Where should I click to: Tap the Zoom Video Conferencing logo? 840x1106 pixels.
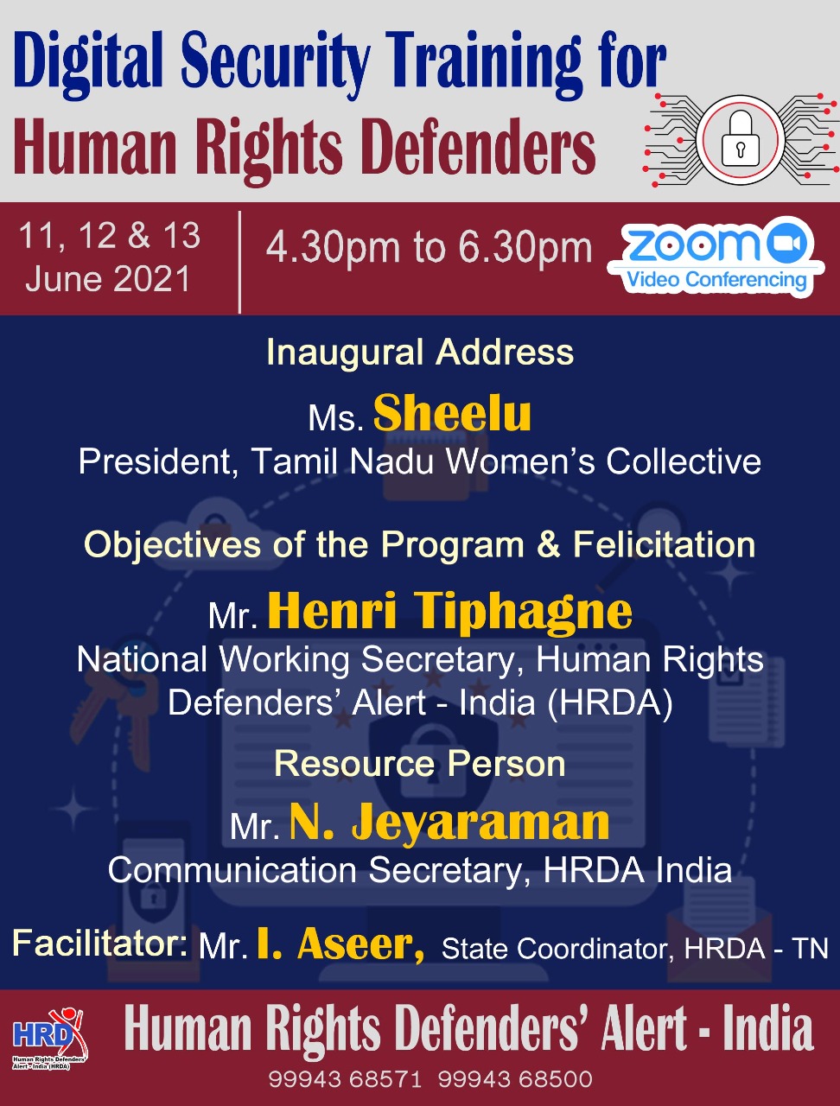click(716, 257)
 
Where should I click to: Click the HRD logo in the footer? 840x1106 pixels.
click(49, 1039)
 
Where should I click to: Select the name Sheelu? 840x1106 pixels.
click(452, 414)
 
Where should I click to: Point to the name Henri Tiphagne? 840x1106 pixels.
click(449, 611)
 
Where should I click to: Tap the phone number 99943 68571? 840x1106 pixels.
click(345, 1080)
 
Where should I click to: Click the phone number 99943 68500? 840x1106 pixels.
click(515, 1080)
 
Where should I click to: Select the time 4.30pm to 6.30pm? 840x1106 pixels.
click(429, 247)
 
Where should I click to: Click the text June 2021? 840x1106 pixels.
click(108, 278)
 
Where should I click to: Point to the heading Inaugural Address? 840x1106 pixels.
click(420, 352)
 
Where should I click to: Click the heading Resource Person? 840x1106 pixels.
click(420, 764)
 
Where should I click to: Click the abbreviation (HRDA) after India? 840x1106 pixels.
click(610, 702)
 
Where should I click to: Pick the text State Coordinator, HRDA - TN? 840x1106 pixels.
click(635, 949)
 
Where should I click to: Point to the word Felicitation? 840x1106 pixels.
click(665, 544)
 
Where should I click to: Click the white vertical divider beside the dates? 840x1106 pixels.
click(239, 262)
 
